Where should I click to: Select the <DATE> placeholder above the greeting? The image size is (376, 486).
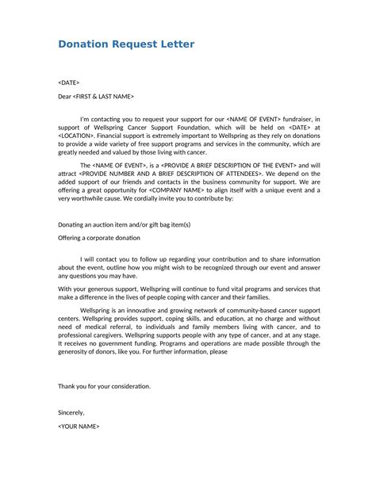tap(69, 82)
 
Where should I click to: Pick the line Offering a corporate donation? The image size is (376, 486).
tap(99, 238)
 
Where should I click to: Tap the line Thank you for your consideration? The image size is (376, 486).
tap(104, 386)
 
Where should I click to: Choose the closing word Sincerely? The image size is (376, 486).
tap(71, 412)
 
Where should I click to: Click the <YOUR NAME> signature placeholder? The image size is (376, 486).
tap(79, 427)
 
